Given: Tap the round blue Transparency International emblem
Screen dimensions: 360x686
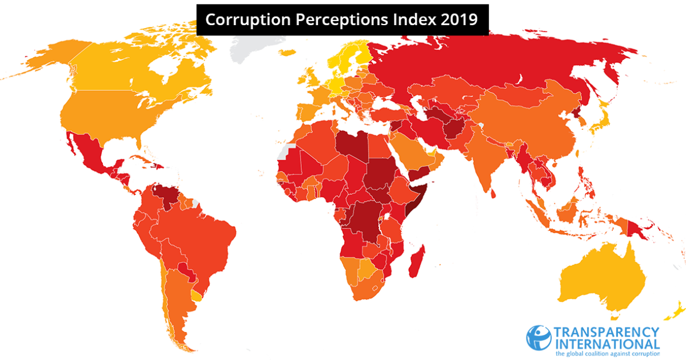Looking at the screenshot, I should tap(538, 338).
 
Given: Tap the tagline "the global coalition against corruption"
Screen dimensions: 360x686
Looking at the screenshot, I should tap(607, 354).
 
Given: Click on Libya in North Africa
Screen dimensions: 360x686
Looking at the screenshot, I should tap(349, 146).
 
